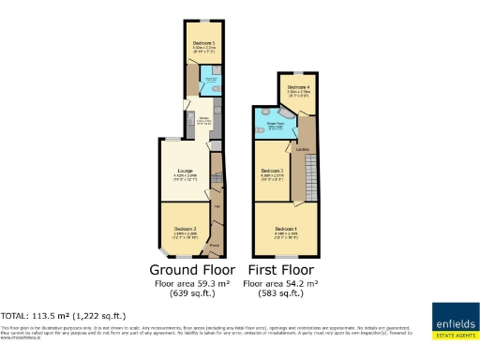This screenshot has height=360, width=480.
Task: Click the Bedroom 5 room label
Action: click(199, 43)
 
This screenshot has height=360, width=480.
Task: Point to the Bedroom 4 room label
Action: click(298, 86)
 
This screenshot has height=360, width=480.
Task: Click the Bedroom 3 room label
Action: click(274, 170)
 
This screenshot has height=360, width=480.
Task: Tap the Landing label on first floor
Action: click(303, 149)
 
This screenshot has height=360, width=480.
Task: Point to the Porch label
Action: click(214, 247)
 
